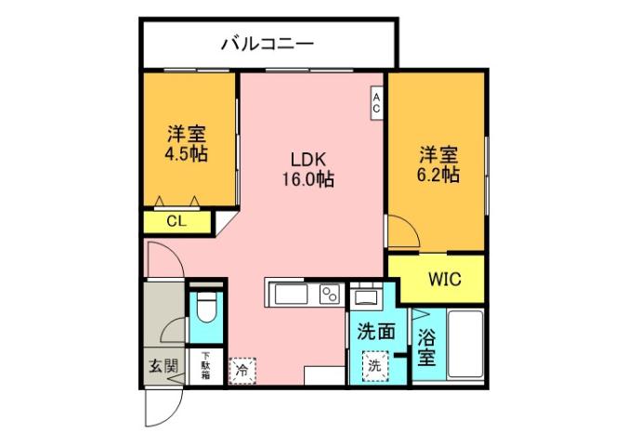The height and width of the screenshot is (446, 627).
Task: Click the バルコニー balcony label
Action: [x=268, y=44]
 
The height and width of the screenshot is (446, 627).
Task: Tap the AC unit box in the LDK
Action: [x=377, y=101]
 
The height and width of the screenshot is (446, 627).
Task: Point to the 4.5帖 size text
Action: [x=186, y=154]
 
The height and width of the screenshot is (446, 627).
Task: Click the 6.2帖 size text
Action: [x=437, y=175]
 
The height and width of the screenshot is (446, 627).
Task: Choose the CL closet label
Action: [x=176, y=222]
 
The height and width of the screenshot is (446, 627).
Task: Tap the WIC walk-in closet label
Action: [x=442, y=280]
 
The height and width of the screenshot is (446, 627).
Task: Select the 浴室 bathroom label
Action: [x=426, y=345]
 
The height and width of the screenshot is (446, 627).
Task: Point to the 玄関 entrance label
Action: [x=163, y=366]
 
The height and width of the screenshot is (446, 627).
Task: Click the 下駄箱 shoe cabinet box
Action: [x=205, y=363]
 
